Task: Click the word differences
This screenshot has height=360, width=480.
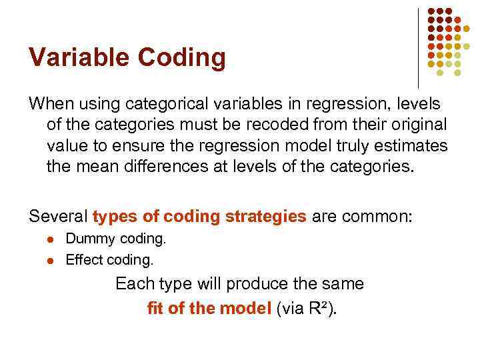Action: [165, 166]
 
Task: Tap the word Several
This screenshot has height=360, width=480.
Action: [58, 217]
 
